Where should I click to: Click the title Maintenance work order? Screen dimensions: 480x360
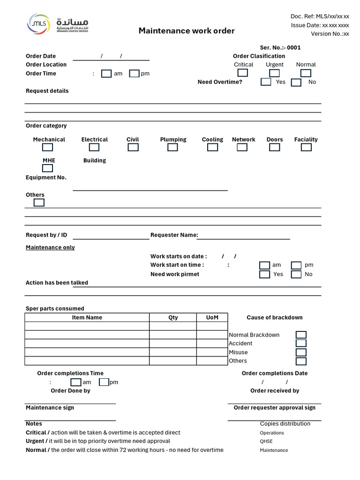[187, 31]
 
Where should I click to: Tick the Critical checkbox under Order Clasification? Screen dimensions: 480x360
[242, 73]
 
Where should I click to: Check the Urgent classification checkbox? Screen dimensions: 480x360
[274, 73]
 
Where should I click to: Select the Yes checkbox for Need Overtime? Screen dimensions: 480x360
[266, 82]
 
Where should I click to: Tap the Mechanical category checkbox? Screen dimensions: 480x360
[48, 147]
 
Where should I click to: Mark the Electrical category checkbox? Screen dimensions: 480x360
[94, 147]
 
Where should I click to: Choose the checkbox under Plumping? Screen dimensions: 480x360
[172, 147]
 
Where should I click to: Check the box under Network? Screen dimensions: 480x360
[242, 147]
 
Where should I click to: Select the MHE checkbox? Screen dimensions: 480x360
[48, 168]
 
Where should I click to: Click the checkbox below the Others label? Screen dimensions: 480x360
[39, 202]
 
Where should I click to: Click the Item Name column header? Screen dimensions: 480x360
[87, 317]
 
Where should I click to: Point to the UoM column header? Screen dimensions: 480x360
[212, 317]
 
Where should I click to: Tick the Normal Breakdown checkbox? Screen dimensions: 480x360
[301, 335]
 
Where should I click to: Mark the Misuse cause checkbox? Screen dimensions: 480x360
[301, 352]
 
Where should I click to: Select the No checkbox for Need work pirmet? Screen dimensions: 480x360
[296, 274]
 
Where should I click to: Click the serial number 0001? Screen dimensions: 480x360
[294, 47]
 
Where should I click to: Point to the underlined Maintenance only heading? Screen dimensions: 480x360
[50, 247]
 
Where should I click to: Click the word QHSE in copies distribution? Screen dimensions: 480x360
[266, 441]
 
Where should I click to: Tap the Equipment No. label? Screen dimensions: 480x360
[46, 178]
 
